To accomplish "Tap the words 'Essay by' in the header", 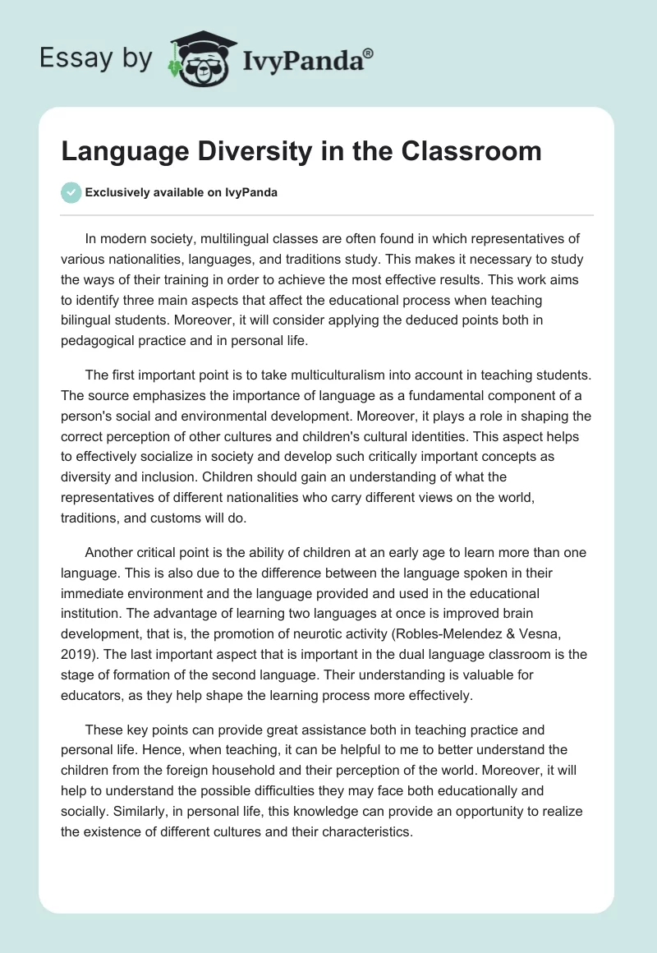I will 95,58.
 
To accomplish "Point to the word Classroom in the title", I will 470,151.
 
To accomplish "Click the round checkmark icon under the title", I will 71,192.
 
